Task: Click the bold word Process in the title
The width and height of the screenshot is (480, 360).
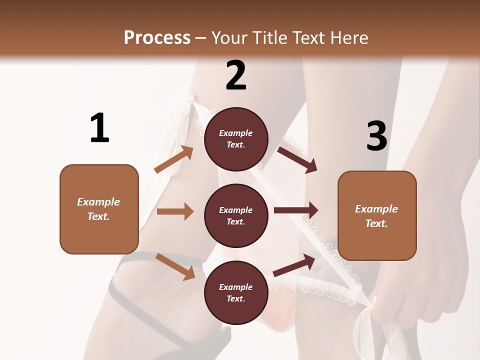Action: pos(157,37)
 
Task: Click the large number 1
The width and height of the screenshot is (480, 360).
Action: pos(99,128)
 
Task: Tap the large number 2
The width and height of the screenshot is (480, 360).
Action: pos(236,75)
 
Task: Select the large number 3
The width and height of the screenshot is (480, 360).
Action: pos(376,136)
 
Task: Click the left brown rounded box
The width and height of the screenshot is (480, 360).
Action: pos(99,209)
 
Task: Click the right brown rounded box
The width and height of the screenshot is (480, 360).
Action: pos(377,215)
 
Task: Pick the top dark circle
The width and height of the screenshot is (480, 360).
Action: pos(236,139)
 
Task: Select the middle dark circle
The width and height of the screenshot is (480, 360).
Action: pos(236,215)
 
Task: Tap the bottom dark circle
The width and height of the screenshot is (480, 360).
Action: pos(236,292)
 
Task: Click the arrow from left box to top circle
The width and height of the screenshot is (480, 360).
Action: pos(174,159)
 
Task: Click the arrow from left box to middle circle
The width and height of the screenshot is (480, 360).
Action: pos(175,211)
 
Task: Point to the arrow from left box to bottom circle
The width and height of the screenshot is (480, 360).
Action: pos(175,266)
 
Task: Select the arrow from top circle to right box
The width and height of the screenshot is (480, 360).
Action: pos(297,159)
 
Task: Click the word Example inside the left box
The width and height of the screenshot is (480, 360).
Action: pos(98,202)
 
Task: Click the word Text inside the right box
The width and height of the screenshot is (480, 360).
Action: pos(376,223)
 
